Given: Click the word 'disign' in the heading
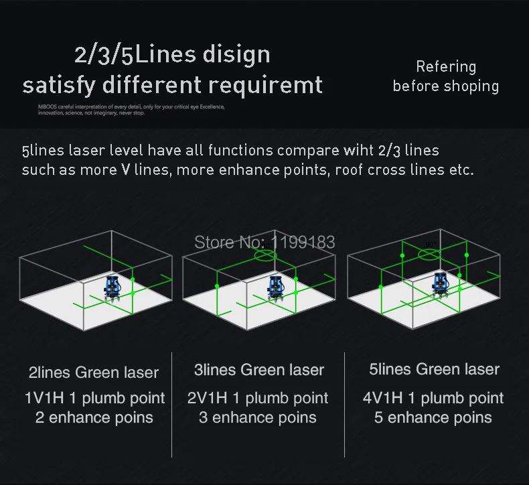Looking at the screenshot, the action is [x=236, y=55].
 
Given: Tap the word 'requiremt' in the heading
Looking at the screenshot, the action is [x=266, y=86].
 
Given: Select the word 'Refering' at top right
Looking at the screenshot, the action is [x=446, y=67].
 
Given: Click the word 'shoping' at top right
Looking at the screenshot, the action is [x=471, y=86].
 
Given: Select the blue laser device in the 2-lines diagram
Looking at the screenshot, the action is [x=112, y=289].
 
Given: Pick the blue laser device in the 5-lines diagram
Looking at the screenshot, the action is [x=441, y=285].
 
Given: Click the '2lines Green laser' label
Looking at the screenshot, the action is [x=94, y=372].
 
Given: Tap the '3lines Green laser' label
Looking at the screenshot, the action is [x=258, y=370].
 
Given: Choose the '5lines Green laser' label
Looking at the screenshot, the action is [x=434, y=369].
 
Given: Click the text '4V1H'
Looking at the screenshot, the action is [x=382, y=399].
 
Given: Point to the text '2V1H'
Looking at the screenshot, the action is [x=207, y=399].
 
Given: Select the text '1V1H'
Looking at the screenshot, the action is [x=44, y=399].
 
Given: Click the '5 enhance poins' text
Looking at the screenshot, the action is [x=433, y=418].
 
